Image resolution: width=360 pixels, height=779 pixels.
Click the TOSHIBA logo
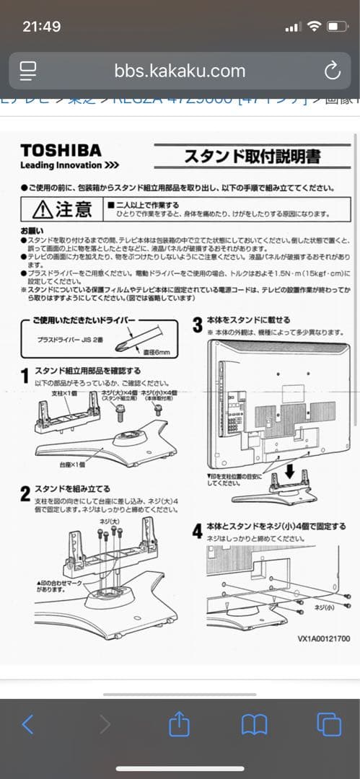(x=61, y=150)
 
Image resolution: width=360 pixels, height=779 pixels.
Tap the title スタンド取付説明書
(x=252, y=156)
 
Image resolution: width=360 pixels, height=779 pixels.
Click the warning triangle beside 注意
(x=43, y=209)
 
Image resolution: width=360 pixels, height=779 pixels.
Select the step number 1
(x=25, y=374)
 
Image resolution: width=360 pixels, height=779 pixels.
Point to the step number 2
(x=25, y=493)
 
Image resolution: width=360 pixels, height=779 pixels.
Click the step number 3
(x=197, y=324)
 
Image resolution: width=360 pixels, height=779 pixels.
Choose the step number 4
(x=197, y=531)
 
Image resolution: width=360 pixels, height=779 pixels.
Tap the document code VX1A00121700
(x=323, y=638)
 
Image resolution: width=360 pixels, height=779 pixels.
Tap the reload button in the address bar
(x=332, y=71)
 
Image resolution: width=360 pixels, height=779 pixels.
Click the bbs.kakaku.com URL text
(x=180, y=71)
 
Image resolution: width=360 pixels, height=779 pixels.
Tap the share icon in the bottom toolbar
(x=179, y=725)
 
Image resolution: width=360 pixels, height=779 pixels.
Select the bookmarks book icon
(x=254, y=725)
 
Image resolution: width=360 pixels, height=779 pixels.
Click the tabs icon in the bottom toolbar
(x=328, y=725)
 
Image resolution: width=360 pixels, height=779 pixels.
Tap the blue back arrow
(x=27, y=725)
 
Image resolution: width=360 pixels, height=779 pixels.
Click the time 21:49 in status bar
(x=42, y=26)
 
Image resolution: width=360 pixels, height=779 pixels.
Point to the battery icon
(x=338, y=27)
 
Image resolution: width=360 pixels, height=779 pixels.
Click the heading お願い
(x=30, y=229)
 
